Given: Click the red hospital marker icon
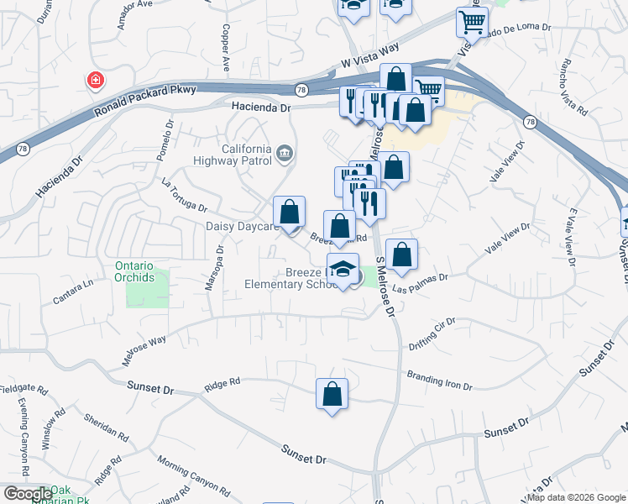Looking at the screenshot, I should (97, 81).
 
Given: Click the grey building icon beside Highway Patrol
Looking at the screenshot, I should (285, 154).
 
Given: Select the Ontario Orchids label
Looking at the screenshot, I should (134, 271).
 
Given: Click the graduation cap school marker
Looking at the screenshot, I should (342, 270).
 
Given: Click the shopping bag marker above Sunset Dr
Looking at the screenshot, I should (332, 393).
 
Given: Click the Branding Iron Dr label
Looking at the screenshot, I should (439, 381).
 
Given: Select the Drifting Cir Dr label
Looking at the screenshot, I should (432, 333).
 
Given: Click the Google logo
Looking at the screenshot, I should (27, 494).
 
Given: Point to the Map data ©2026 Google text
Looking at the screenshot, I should (576, 497).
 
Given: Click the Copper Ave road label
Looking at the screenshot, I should (225, 45).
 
